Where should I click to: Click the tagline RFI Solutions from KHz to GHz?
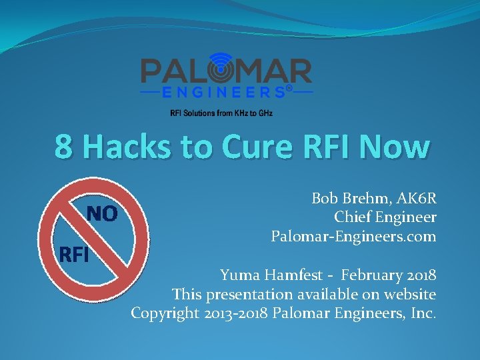(x=221, y=113)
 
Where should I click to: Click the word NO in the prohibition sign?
(x=103, y=213)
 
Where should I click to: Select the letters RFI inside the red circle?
(x=74, y=254)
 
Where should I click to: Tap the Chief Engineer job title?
(x=385, y=217)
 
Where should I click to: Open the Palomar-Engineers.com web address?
(x=353, y=236)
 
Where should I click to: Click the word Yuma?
(x=242, y=275)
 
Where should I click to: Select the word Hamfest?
(x=301, y=275)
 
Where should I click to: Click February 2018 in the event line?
(x=395, y=275)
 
